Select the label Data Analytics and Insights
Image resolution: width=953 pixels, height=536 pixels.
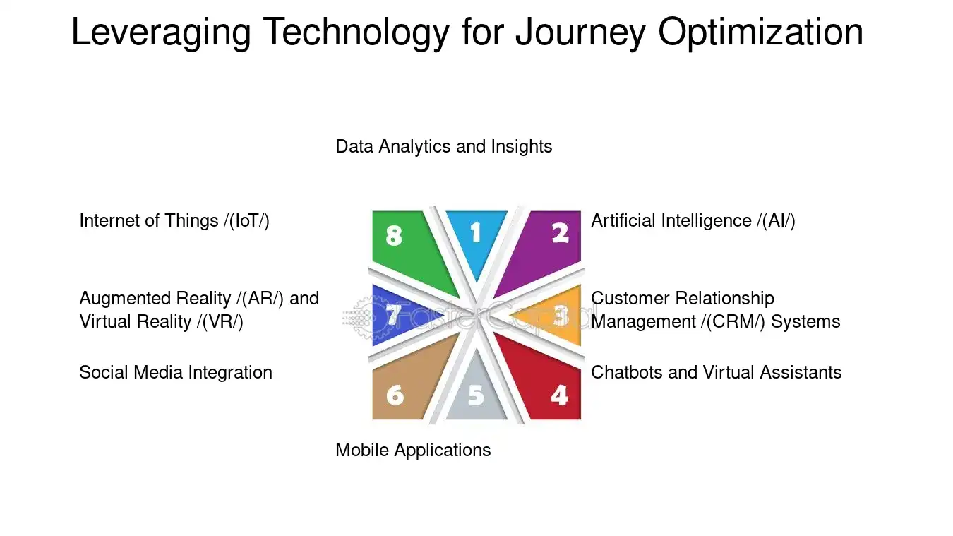point(443,147)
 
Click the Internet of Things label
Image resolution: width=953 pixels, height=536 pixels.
point(174,221)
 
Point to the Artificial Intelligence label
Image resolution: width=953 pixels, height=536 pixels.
point(693,221)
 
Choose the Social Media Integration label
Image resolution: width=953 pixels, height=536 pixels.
point(175,373)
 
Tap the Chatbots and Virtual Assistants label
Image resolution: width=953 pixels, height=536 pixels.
point(716,373)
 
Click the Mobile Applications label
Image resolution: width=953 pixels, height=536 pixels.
point(413,450)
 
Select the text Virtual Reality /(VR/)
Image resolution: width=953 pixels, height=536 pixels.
point(161,322)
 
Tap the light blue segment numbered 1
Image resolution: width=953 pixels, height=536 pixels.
point(476,237)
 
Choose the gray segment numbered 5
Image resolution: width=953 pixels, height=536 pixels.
point(476,395)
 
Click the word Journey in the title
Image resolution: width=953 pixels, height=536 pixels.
point(580,32)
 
